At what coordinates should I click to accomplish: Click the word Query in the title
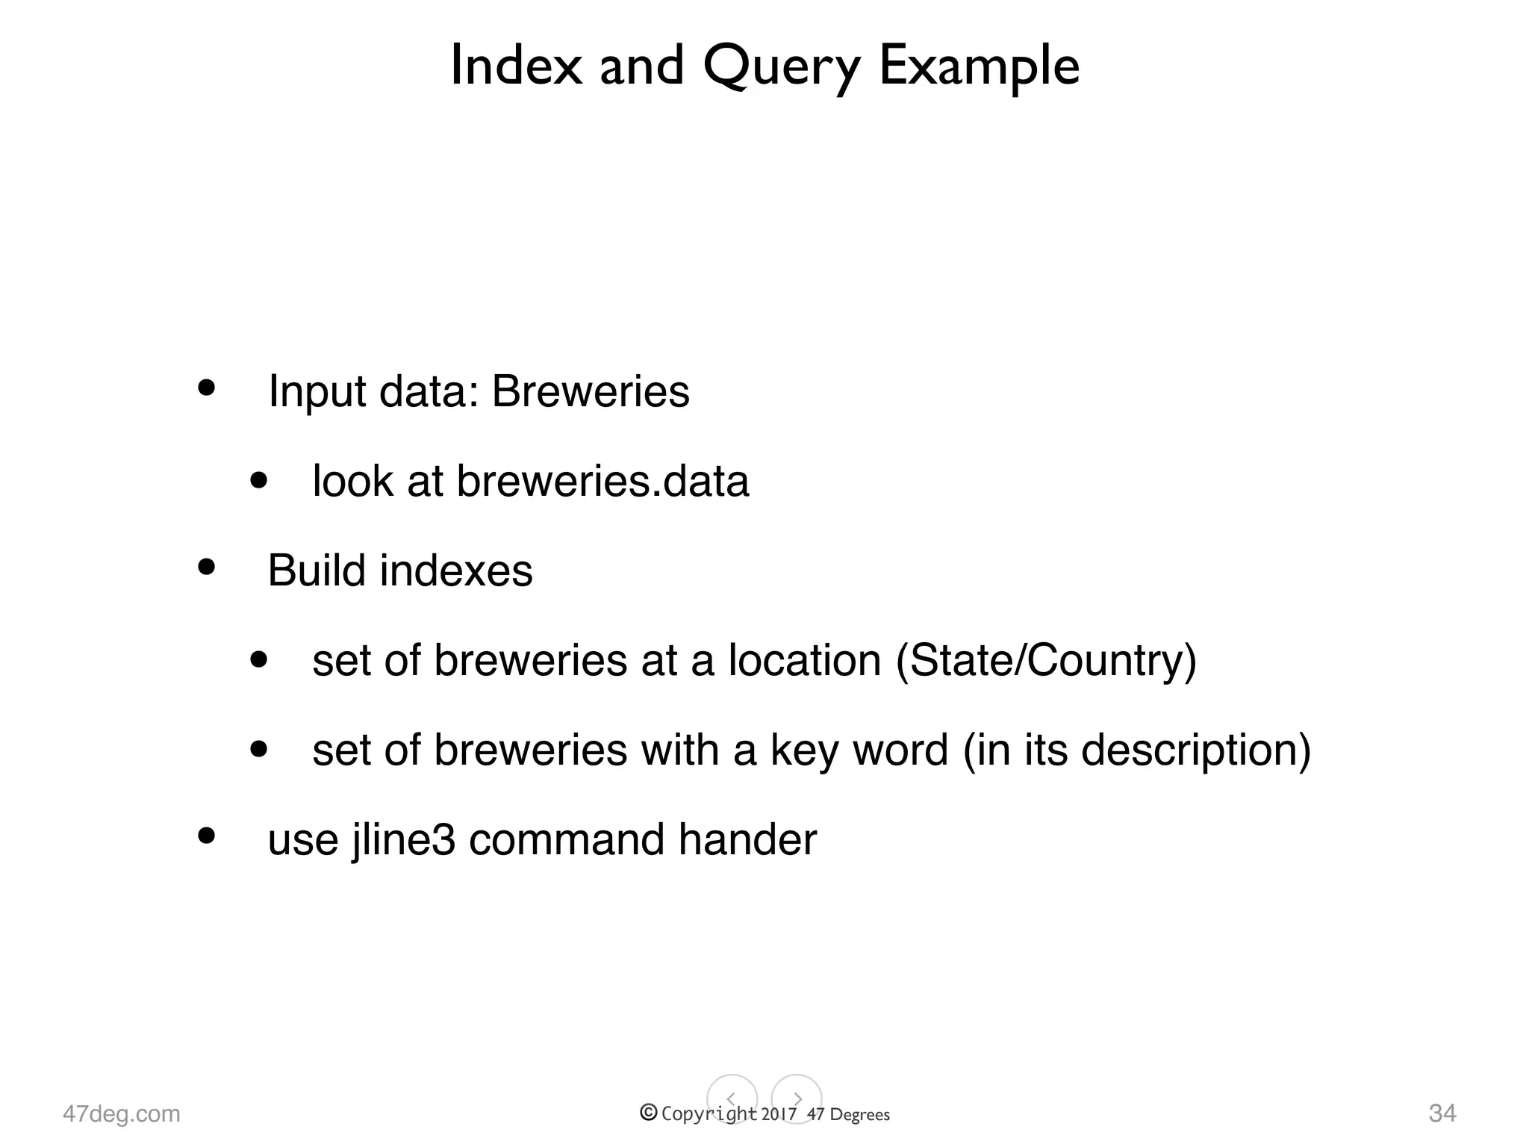tap(781, 67)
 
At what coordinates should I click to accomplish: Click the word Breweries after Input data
tap(591, 391)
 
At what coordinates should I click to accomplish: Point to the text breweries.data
tap(602, 481)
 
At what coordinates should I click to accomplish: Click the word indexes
tap(456, 571)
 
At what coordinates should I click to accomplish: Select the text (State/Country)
tap(1045, 661)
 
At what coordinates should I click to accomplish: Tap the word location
tap(805, 660)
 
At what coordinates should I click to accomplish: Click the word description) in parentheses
tap(1196, 750)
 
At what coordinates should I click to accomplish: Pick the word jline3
tap(403, 840)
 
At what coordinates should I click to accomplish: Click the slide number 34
tap(1442, 1113)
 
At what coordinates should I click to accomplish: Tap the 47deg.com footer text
tap(122, 1113)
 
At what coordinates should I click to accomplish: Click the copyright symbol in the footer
tap(649, 1113)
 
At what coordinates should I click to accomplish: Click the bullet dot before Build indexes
tap(206, 568)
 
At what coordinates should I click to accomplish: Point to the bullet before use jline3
tap(206, 836)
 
